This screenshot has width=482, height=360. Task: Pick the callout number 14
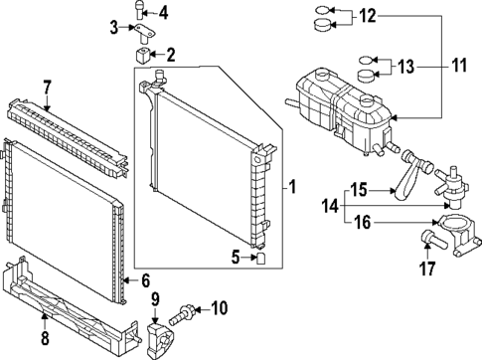click(331, 207)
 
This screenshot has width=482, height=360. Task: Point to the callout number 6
click(145, 280)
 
